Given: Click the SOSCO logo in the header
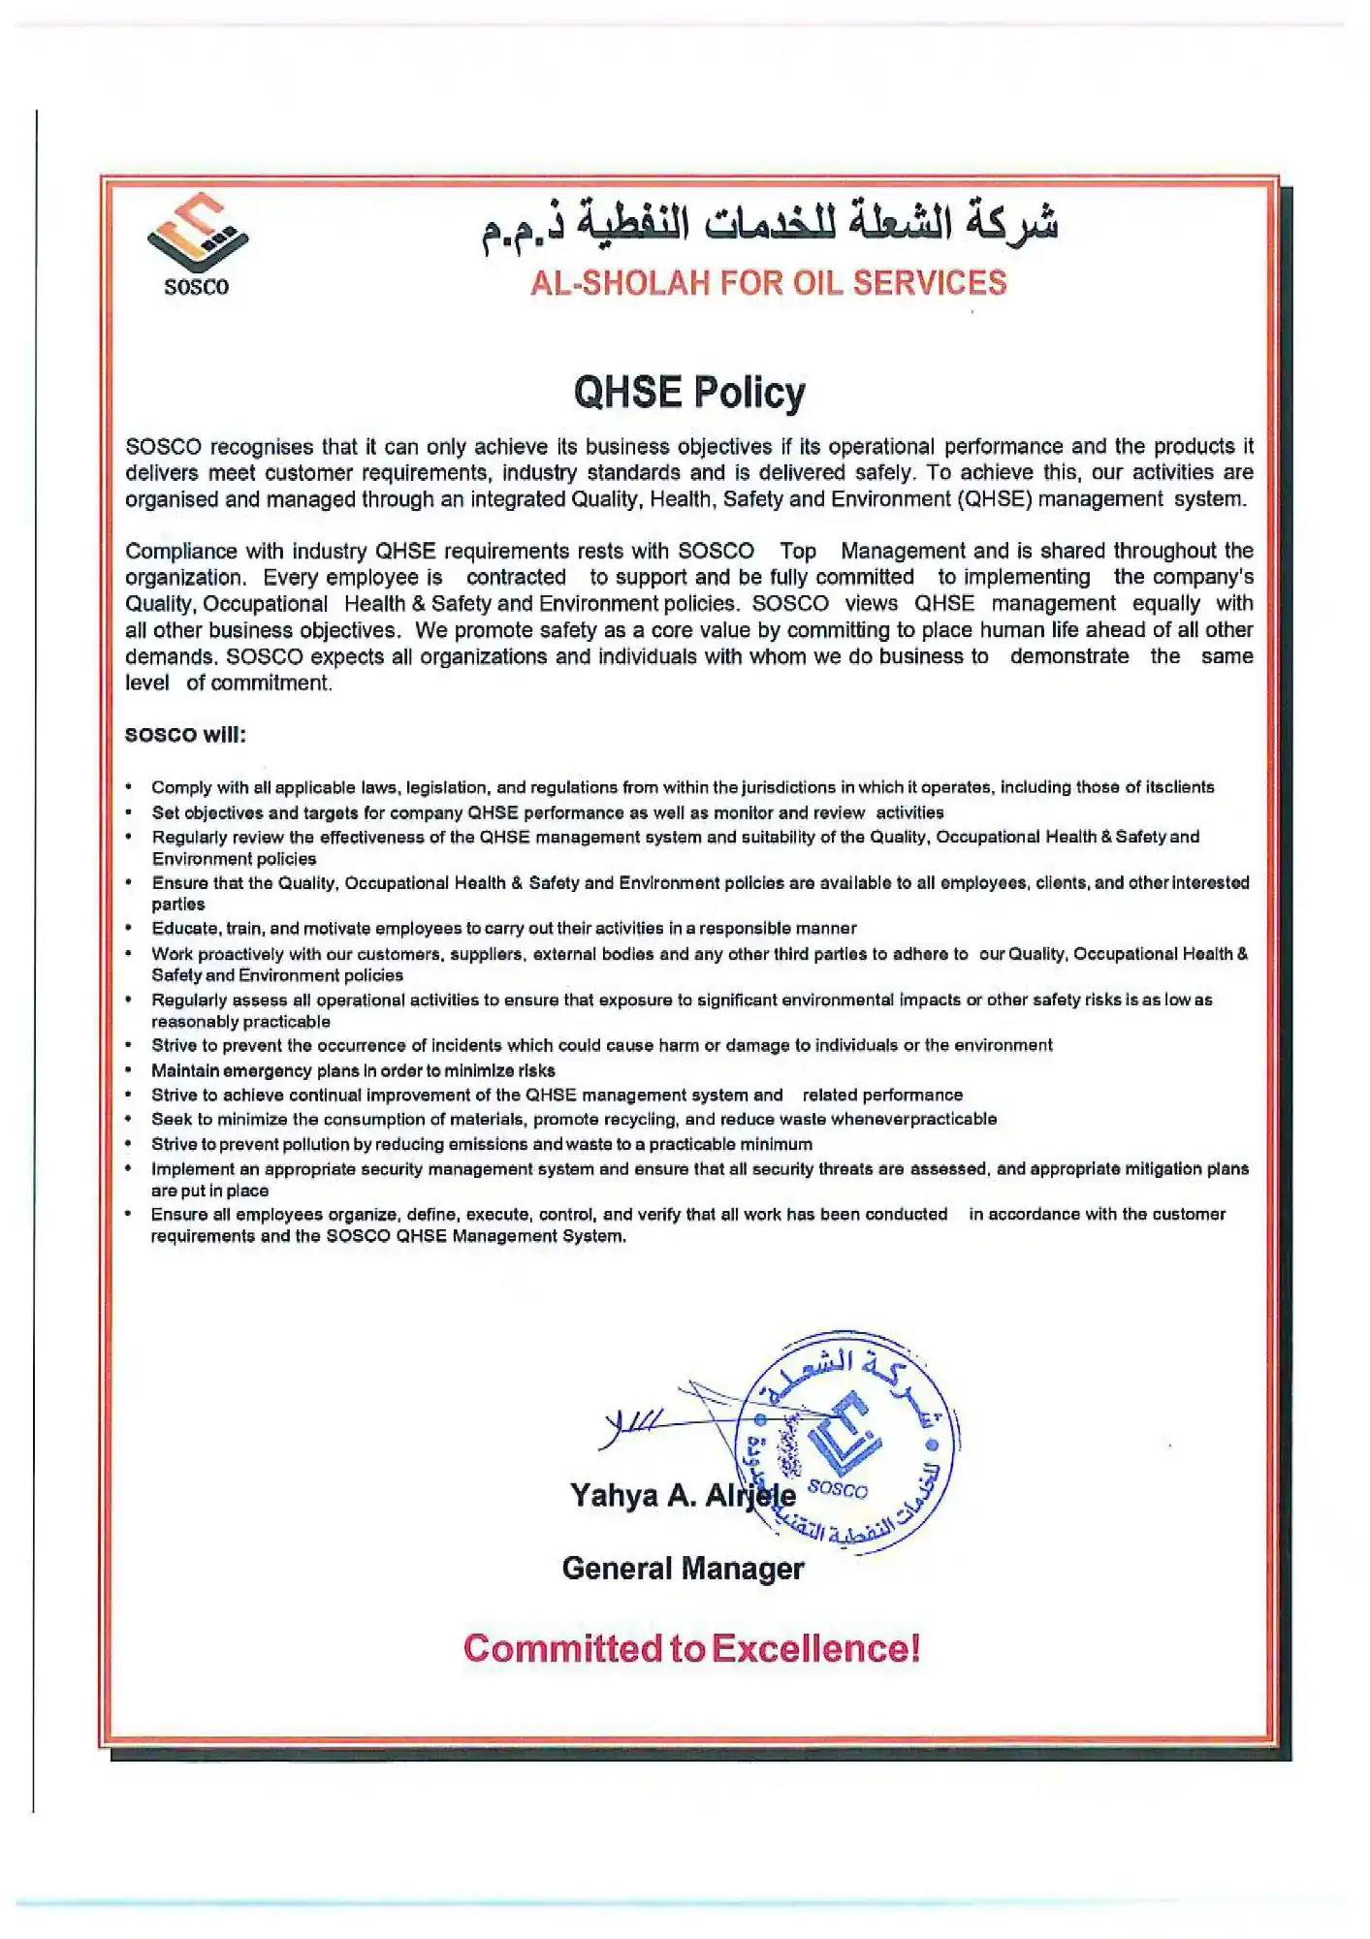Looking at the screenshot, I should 197,243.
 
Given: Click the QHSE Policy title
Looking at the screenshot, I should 688,393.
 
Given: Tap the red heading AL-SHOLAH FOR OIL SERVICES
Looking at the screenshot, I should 768,283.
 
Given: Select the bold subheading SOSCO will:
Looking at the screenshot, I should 185,735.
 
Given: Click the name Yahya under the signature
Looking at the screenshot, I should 614,1496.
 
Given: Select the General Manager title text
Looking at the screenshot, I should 683,1569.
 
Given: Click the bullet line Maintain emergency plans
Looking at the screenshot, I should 353,1071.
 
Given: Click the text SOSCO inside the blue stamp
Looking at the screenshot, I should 837,1489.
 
